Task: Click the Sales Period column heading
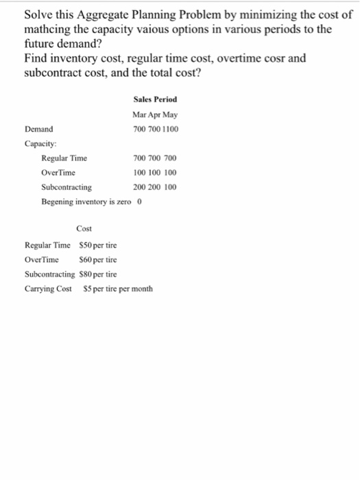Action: (156, 100)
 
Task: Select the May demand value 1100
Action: (169, 128)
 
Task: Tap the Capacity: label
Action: (40, 143)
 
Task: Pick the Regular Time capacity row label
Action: (64, 158)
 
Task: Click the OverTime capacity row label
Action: (59, 172)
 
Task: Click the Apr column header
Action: (156, 114)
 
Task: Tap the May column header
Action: (170, 114)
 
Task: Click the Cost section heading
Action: (84, 229)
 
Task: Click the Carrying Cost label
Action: (48, 289)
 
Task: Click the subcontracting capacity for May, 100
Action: (170, 187)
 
